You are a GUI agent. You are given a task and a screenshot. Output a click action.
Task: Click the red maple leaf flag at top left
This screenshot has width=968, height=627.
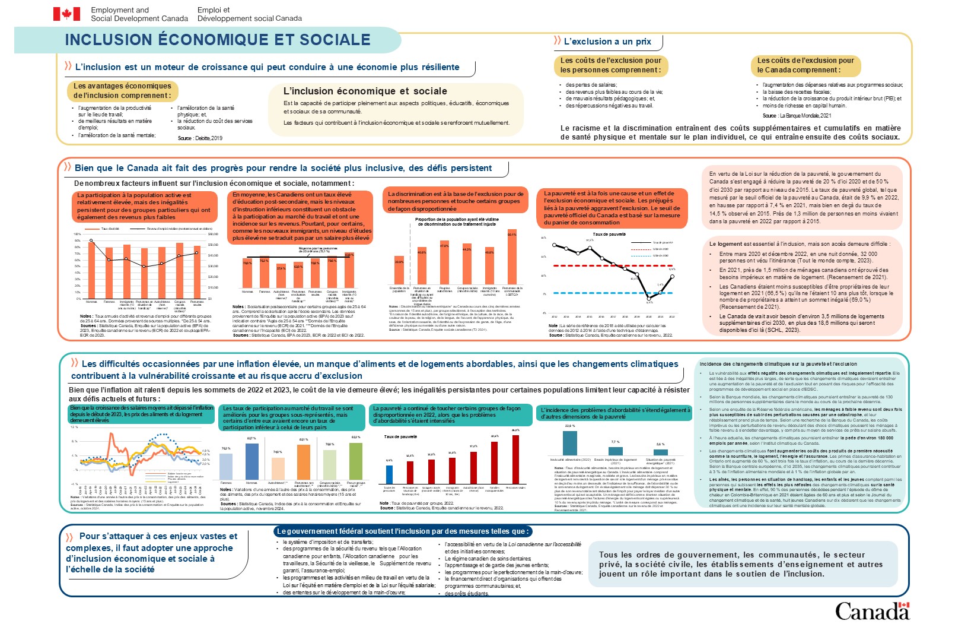coord(66,14)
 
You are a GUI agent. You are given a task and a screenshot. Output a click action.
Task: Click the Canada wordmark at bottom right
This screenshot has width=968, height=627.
coord(872,611)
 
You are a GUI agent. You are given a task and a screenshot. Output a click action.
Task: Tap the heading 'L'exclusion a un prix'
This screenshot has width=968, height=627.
coord(607,42)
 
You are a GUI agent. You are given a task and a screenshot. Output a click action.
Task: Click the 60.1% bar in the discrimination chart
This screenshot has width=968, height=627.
coord(512,257)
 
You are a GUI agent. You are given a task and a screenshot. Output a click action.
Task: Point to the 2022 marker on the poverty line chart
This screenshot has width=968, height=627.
coord(672,276)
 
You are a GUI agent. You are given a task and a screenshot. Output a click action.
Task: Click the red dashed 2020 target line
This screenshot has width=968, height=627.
coord(611,265)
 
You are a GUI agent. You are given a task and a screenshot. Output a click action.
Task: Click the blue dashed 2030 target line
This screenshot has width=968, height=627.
coord(611,293)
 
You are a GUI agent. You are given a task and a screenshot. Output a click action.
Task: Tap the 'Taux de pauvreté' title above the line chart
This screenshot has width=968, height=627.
coord(609,235)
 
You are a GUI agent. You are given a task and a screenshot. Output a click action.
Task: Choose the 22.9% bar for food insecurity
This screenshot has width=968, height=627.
coord(570,443)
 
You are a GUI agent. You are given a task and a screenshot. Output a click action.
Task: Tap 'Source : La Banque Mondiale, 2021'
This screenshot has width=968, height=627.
coord(797,116)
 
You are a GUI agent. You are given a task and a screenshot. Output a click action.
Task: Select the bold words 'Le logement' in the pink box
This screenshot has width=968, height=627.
coord(725,244)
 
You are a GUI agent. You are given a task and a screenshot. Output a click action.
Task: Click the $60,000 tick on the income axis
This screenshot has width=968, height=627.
coord(213,234)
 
